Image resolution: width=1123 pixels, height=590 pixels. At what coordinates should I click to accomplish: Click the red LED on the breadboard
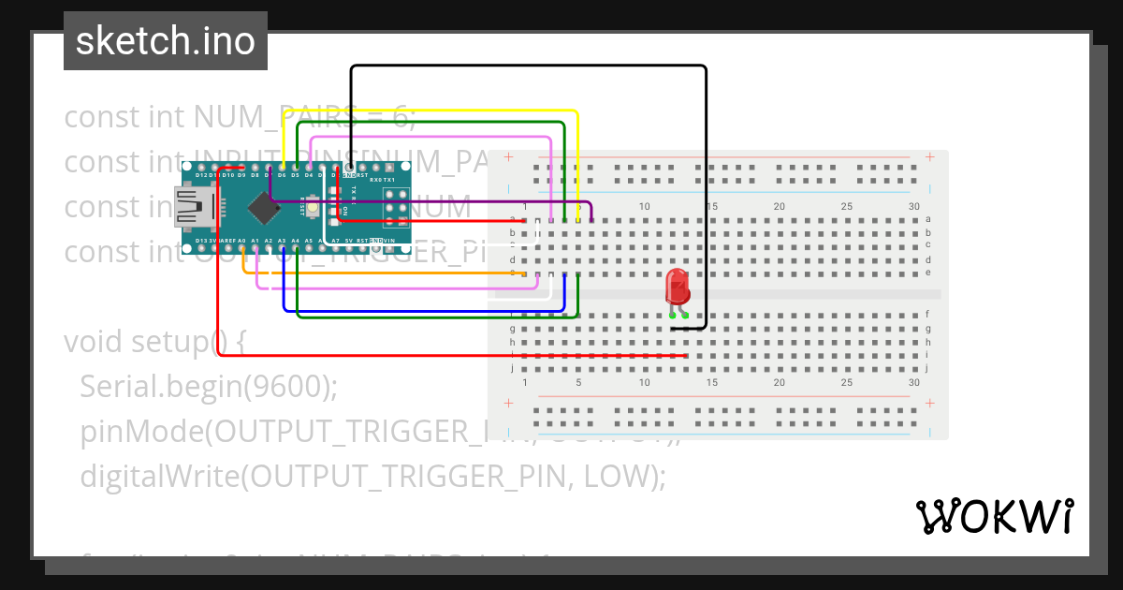tap(676, 288)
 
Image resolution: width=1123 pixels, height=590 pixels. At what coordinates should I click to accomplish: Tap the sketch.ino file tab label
tap(166, 41)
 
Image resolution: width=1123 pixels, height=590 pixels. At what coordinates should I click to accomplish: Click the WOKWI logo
tap(994, 516)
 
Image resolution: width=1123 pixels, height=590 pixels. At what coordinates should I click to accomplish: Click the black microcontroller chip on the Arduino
tap(268, 208)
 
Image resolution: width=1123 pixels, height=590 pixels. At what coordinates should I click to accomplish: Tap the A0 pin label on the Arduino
tap(241, 241)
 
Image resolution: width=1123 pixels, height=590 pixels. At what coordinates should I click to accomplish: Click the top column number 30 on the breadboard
tap(913, 206)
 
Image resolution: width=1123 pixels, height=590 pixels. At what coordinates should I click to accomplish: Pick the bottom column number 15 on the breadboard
tap(711, 383)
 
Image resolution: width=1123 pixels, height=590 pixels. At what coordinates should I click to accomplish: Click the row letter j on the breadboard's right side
tap(927, 369)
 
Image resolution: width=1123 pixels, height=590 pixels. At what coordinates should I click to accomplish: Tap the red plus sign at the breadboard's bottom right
tap(929, 404)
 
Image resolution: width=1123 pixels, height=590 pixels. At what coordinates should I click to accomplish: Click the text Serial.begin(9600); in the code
tap(209, 386)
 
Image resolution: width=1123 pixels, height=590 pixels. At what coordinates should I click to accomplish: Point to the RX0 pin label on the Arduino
tap(375, 179)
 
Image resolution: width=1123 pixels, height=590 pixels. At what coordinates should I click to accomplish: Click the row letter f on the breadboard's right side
tap(927, 315)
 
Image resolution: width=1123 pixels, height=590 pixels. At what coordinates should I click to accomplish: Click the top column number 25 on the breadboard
tap(846, 206)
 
